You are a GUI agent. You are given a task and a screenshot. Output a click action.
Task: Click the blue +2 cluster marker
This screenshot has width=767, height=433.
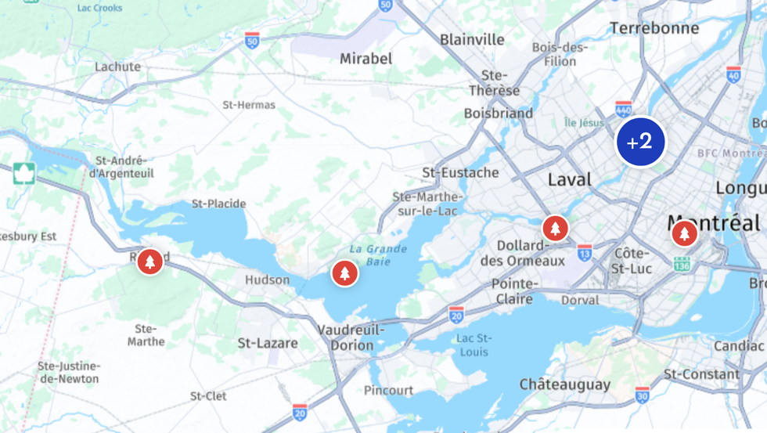click(640, 142)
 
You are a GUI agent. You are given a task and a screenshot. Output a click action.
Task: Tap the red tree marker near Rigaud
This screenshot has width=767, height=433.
click(150, 262)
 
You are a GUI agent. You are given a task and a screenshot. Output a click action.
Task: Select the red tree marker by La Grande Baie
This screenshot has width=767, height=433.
click(344, 272)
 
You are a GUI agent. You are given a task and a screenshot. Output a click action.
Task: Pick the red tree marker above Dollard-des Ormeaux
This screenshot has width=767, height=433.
click(555, 229)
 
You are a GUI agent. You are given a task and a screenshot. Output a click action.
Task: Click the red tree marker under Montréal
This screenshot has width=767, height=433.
click(684, 233)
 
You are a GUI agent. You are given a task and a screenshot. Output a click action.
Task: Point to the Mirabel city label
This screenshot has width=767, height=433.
click(365, 59)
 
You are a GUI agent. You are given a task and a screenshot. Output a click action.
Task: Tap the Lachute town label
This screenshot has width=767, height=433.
click(117, 67)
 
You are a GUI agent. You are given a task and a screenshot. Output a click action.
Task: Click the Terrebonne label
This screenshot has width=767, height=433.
click(654, 28)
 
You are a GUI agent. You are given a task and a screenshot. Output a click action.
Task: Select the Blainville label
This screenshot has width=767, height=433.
click(472, 39)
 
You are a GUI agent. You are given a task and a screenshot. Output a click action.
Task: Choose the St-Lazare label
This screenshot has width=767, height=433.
click(268, 343)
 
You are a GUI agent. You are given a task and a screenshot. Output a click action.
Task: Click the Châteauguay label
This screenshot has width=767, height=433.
click(564, 384)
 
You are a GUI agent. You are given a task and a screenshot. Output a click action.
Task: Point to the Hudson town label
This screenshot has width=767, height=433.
click(267, 280)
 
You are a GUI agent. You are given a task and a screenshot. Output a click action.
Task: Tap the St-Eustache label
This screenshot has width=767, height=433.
click(460, 172)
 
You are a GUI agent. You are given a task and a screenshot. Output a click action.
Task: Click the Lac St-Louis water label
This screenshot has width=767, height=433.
click(474, 345)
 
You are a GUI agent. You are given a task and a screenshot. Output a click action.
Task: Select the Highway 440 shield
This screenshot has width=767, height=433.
click(624, 108)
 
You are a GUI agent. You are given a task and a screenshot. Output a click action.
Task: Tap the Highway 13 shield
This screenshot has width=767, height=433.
click(585, 252)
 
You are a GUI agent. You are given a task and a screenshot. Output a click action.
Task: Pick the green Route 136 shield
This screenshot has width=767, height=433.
click(682, 265)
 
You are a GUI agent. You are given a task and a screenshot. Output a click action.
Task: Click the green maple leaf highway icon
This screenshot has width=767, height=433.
click(24, 173)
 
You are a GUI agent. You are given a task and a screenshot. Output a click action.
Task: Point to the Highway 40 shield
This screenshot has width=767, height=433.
click(733, 74)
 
